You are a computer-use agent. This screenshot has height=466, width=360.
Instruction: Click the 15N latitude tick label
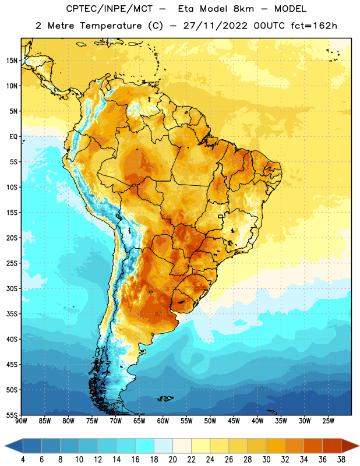pos(12,61)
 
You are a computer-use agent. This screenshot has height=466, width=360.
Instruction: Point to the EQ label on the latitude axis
pos(13,137)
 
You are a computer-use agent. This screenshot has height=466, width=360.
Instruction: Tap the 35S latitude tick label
pos(12,314)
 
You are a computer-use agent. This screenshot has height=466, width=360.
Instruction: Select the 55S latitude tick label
pos(12,415)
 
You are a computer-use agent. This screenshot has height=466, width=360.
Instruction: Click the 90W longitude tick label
pos(21,421)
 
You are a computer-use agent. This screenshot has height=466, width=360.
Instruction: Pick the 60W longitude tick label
pos(163,421)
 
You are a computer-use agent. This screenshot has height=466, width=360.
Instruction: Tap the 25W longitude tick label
pos(328,421)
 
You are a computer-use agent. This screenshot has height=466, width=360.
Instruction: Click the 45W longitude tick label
pos(234,421)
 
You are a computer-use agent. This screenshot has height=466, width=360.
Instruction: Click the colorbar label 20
pos(172,460)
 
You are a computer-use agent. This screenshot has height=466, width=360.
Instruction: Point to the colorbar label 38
pos(341,460)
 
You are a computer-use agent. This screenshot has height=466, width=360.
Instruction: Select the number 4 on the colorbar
pos(23,460)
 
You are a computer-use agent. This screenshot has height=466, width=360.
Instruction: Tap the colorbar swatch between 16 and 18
pos(145,446)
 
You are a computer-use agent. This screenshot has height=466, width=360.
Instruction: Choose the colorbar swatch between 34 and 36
pos(313,446)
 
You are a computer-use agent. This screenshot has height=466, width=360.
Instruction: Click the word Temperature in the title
pos(111,26)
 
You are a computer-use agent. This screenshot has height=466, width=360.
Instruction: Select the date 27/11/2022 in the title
pos(215,26)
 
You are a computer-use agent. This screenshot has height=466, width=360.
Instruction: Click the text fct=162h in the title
pos(314,26)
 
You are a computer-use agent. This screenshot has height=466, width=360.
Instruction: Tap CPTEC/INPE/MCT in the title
pos(110,9)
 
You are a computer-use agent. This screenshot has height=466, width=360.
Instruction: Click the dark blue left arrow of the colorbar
pos(13,446)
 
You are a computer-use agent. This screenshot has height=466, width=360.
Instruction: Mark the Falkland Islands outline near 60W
pos(165,398)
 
